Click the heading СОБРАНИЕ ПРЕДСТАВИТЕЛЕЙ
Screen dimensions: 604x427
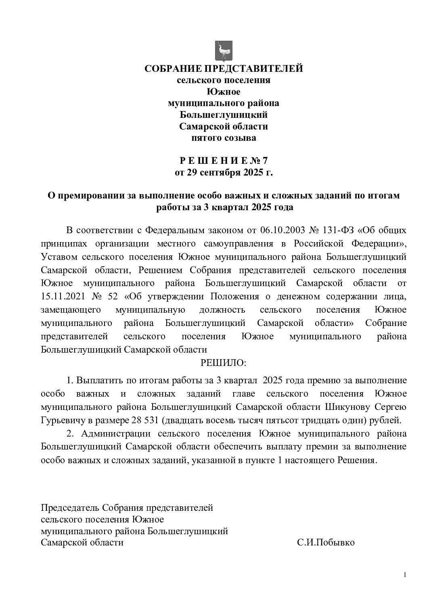point(224,69)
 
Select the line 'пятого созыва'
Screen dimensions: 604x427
point(224,138)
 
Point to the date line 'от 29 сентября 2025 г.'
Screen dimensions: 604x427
point(224,173)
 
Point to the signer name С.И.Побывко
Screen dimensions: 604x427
point(326,543)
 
